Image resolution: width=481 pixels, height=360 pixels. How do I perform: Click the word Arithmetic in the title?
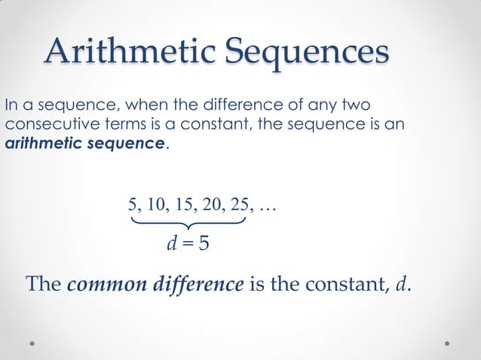tap(129, 52)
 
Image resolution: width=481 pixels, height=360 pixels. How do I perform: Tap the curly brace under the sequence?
tap(188, 224)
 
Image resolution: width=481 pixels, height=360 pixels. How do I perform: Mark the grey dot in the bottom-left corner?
tap(33, 343)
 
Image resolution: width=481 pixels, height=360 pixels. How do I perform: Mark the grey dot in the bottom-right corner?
tap(447, 343)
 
